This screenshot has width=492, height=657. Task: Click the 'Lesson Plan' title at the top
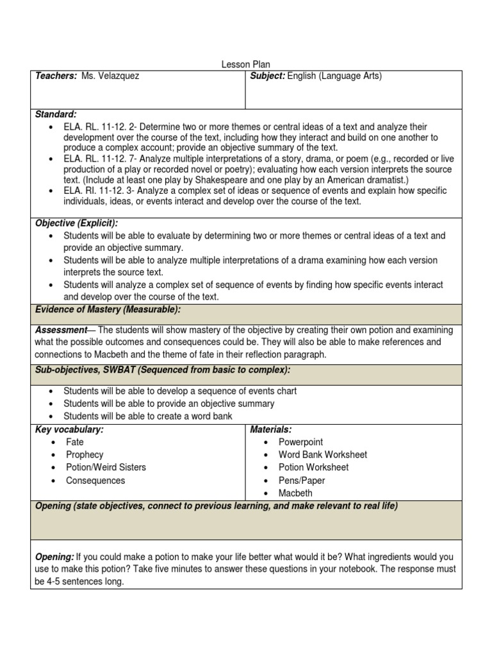tap(246, 65)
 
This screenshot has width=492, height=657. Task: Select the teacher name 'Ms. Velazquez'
tap(110, 76)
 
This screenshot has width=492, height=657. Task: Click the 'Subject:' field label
tap(267, 76)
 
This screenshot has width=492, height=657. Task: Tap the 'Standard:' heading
tap(56, 114)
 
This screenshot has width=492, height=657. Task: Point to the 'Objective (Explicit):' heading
tap(76, 223)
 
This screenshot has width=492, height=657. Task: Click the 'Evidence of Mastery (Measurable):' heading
tap(108, 310)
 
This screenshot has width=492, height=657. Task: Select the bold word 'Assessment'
tap(61, 330)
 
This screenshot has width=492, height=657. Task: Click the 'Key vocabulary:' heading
tap(69, 429)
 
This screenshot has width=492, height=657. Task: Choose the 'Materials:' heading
tap(271, 429)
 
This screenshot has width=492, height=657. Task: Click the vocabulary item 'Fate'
tap(75, 442)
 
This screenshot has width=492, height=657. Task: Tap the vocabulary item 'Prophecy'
tap(85, 455)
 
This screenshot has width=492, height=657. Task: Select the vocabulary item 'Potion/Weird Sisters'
tap(106, 468)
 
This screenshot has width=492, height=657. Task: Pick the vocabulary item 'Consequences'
tap(95, 481)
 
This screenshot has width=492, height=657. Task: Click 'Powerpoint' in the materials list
tap(300, 442)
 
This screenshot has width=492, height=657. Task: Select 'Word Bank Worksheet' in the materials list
tap(323, 455)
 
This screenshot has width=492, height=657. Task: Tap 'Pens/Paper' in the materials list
tap(302, 481)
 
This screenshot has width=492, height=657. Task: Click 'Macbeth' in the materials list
tap(295, 493)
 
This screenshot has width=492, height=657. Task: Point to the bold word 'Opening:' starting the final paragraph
tap(54, 557)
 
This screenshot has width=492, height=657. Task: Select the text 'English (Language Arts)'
tap(334, 76)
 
